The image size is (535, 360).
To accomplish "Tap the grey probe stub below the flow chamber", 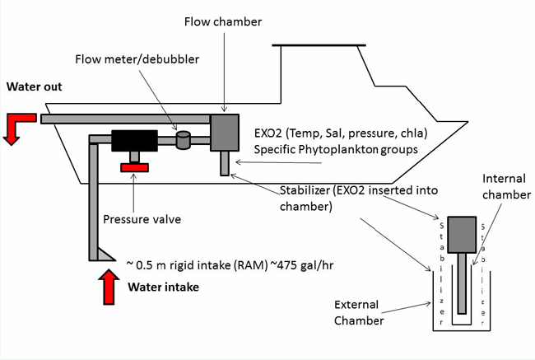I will coord(224,164).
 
